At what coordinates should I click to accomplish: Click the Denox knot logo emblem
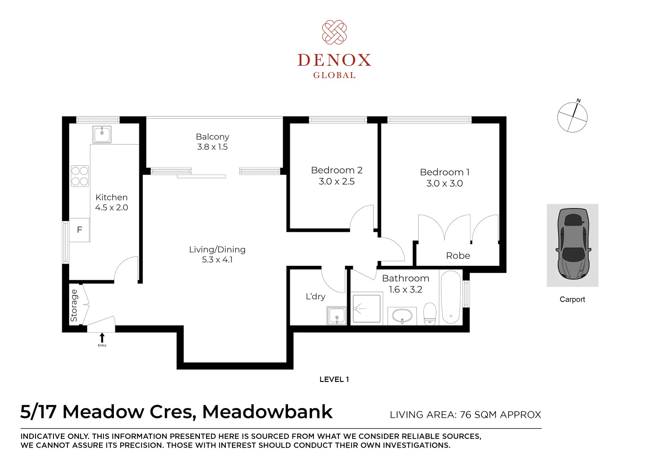(334, 32)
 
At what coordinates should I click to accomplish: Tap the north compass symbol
(572, 117)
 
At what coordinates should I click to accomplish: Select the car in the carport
(573, 244)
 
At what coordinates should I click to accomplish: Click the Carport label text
(572, 300)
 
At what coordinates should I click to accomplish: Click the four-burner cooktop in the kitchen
(80, 176)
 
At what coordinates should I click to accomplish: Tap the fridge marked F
(80, 230)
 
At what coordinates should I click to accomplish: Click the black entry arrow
(102, 338)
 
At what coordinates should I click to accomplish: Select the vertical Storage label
(74, 305)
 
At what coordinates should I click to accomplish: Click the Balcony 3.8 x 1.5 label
(213, 142)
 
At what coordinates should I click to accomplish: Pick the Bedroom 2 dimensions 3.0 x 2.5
(336, 182)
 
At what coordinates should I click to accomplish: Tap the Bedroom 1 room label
(445, 172)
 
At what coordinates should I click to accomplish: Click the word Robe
(458, 256)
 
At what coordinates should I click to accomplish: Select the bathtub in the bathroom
(451, 298)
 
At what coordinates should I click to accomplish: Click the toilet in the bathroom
(430, 314)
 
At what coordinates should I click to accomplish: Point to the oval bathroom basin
(402, 315)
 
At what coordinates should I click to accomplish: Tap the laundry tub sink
(337, 316)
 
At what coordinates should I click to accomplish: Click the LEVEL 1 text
(334, 380)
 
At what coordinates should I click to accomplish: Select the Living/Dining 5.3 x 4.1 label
(217, 254)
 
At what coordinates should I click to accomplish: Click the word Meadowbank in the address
(267, 412)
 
